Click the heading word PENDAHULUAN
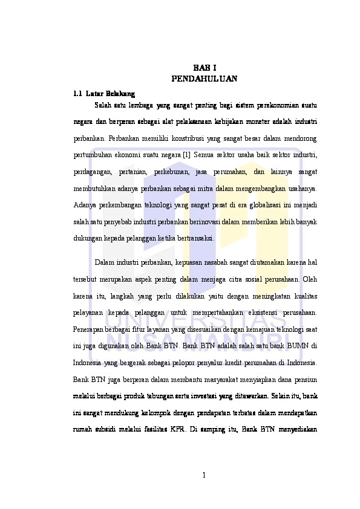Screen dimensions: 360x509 pyautogui.click(x=205, y=79)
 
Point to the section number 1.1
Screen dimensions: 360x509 pyautogui.click(x=77, y=94)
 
